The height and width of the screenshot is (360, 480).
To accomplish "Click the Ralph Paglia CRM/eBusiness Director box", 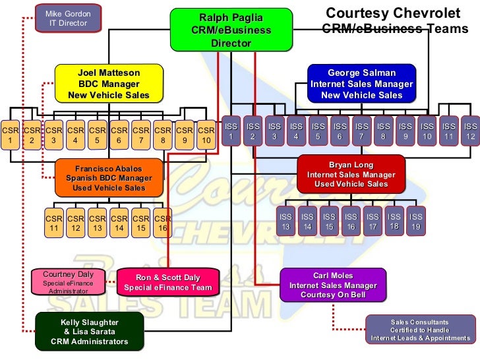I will pos(231,30).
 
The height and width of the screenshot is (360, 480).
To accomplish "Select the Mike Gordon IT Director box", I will pos(68,18).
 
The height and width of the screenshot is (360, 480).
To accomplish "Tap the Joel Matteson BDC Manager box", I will pos(109,84).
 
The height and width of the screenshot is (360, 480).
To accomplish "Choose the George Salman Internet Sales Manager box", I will pos(361,84).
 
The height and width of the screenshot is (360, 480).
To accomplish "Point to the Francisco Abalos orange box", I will pos(108,178).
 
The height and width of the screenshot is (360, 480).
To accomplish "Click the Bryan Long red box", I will pos(351,175).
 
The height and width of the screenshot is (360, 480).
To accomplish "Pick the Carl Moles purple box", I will pos(332,285).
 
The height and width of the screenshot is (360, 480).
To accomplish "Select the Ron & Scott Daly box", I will pos(167,282).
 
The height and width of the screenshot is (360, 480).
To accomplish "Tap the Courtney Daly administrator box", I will pos(68,282).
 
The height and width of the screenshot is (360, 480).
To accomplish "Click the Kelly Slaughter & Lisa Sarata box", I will pos(90,332).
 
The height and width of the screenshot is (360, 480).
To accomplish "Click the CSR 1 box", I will pos(10,135).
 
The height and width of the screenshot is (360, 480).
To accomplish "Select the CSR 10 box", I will pos(206,135).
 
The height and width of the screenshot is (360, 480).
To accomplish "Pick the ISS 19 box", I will pos(415,221).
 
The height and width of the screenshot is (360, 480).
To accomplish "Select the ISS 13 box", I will pos(285,221).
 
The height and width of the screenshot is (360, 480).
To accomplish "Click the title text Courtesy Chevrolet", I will pos(395,13).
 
